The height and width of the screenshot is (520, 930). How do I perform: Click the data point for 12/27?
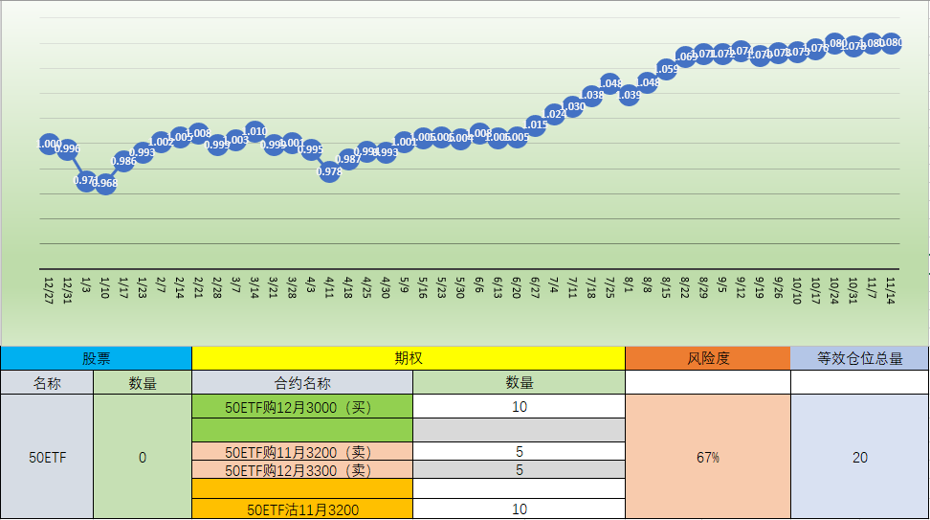[x=50, y=144]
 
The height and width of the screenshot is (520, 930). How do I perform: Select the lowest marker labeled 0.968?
[x=105, y=183]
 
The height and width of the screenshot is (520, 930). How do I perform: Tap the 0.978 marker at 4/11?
[x=329, y=171]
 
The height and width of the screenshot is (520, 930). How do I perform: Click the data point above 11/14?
[x=891, y=42]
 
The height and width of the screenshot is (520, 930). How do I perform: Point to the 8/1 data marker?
[x=629, y=95]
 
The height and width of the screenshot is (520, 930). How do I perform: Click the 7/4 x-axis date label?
[x=554, y=286]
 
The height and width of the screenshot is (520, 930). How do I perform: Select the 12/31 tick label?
[x=68, y=288]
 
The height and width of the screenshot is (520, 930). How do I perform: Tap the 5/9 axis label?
[x=405, y=286]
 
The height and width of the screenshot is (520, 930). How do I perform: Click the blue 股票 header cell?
[x=96, y=358]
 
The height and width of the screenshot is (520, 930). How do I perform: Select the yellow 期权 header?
[x=409, y=358]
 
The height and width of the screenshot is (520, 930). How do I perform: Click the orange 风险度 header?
[x=708, y=358]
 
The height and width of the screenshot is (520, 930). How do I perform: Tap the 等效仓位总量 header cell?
[x=859, y=358]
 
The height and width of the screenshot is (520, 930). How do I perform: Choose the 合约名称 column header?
[x=302, y=383]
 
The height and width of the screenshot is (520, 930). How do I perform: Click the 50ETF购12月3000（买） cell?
[x=302, y=406]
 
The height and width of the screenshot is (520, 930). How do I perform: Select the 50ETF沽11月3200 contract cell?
[x=302, y=509]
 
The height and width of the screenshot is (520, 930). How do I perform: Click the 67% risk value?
[x=708, y=458]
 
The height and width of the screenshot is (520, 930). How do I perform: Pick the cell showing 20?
[x=859, y=458]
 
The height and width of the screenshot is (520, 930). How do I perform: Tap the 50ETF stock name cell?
[x=47, y=458]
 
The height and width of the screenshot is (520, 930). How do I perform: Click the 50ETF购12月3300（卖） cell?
[x=302, y=470]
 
